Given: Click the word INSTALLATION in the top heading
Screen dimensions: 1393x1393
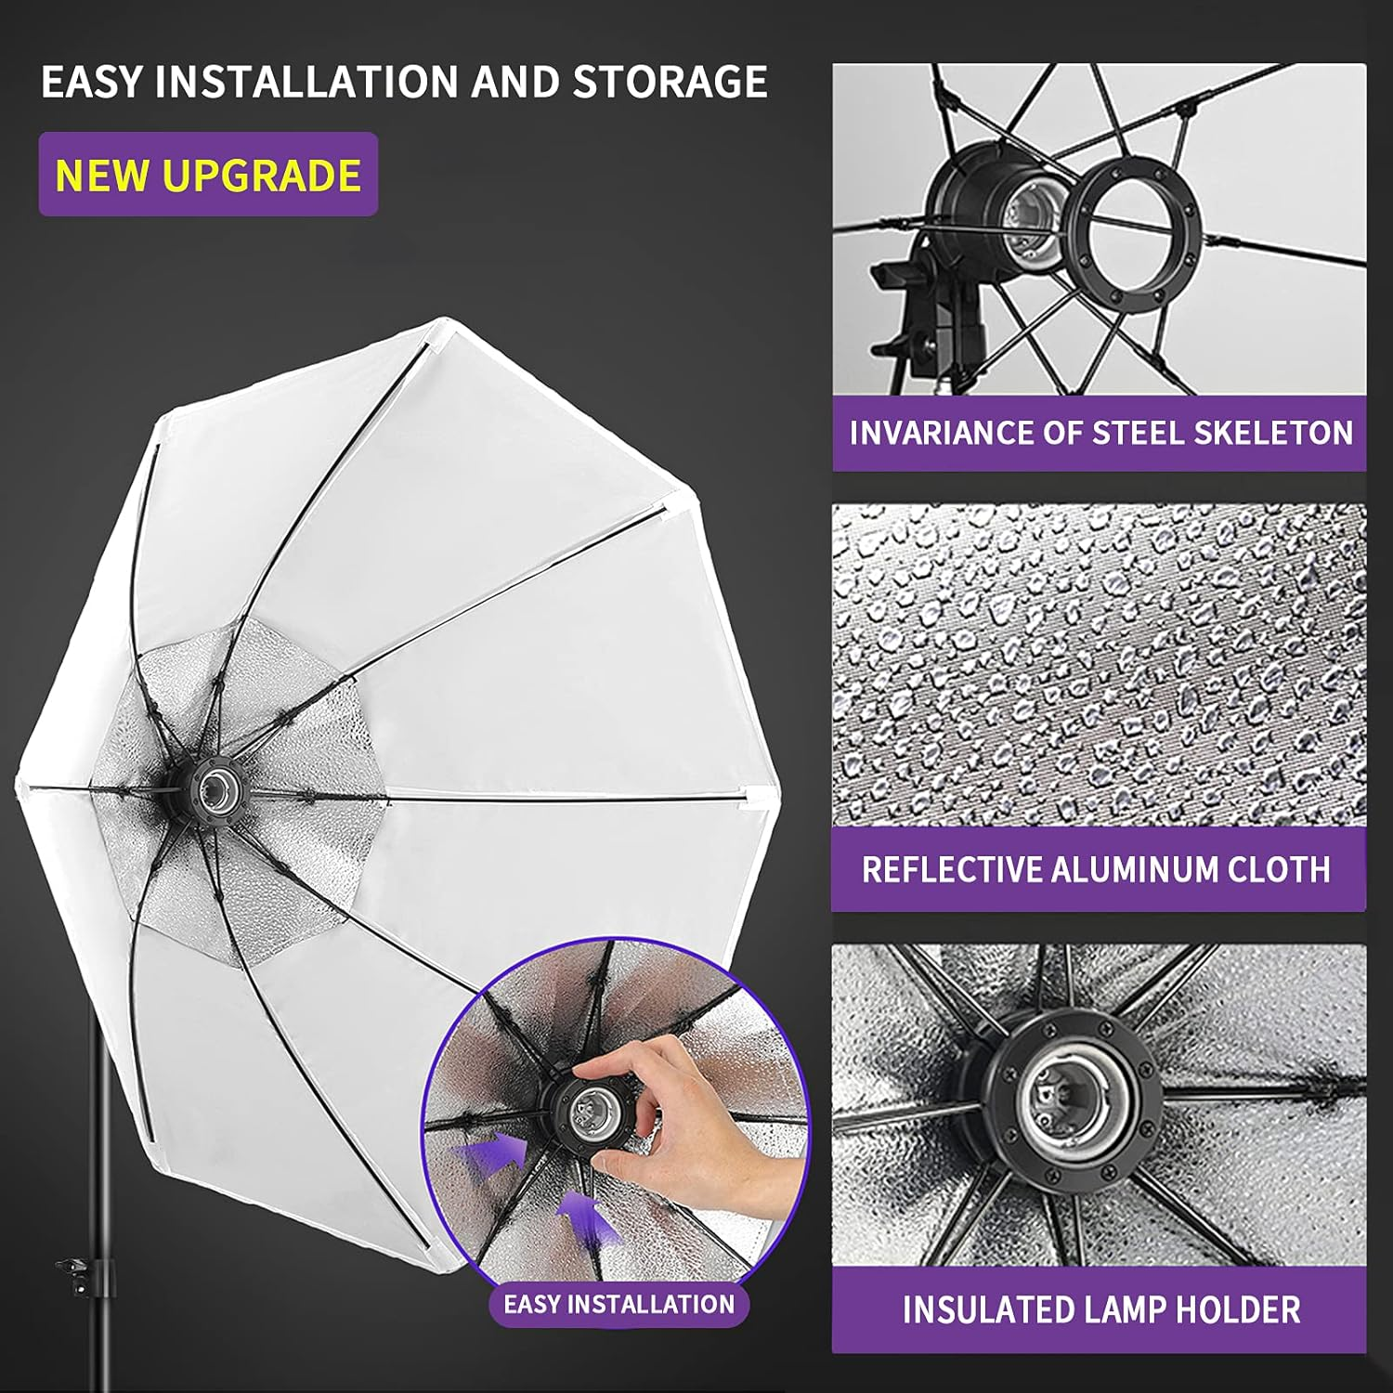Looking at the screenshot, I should click(307, 82).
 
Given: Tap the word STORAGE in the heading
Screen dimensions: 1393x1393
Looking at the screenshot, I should click(670, 82).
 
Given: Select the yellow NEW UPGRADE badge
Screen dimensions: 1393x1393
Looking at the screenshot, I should click(208, 175).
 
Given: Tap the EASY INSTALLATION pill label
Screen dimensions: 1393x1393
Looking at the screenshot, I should click(618, 1304).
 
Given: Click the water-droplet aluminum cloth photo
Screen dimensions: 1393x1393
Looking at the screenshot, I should click(1099, 664).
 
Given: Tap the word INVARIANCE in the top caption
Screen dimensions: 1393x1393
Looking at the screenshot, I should click(941, 433).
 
